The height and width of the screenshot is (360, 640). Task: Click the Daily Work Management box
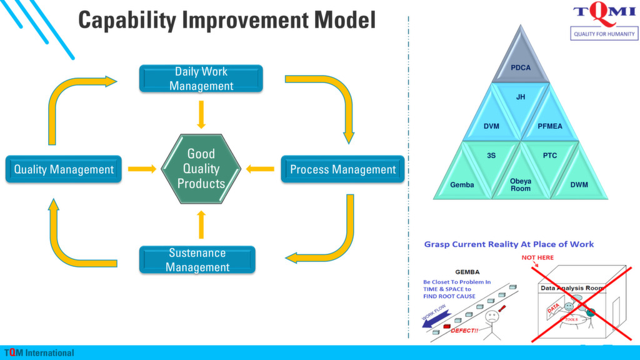[201, 79]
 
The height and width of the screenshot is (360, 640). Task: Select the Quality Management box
[64, 169]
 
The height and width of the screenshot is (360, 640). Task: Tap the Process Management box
[342, 169]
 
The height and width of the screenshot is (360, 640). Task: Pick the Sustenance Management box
[197, 260]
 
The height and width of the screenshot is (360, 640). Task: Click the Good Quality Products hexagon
[201, 169]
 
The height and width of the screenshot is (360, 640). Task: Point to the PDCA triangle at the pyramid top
[520, 66]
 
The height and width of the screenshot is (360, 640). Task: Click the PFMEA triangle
[550, 126]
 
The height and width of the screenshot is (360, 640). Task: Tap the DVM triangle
[491, 126]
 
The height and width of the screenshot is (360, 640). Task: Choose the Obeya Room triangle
[521, 184]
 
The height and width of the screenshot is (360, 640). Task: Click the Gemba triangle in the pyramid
[462, 184]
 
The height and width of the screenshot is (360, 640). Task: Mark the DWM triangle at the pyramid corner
[579, 184]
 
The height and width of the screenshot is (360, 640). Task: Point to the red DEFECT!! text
[464, 330]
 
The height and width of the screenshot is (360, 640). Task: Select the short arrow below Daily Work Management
[201, 114]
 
